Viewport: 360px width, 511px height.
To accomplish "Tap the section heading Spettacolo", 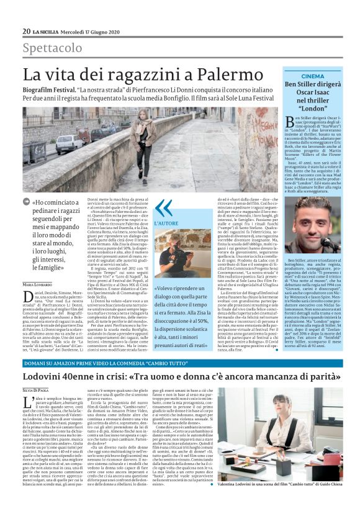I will coord(52,48).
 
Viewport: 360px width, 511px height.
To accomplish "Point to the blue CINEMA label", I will coord(313,76).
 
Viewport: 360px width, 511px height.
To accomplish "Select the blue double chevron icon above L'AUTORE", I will coord(164,207).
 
